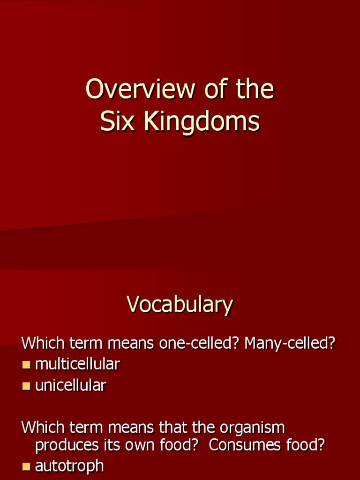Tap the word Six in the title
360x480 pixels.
117,121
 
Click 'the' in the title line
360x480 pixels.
255,89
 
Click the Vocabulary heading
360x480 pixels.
180,304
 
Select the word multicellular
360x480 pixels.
78,364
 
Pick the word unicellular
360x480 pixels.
71,386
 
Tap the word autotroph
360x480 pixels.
69,466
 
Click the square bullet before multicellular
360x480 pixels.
26,365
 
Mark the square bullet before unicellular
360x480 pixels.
26,386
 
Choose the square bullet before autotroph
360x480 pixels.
26,466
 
